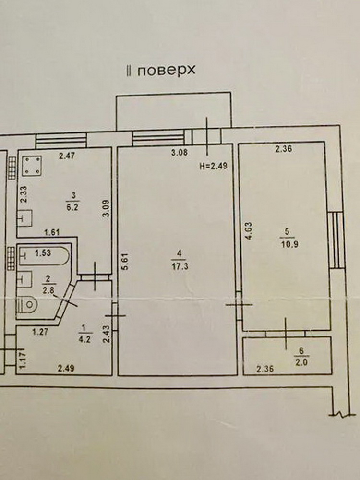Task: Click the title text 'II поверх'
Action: (161, 71)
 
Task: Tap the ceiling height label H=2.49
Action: (214, 166)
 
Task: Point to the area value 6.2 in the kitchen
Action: (72, 207)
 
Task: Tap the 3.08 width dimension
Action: (180, 153)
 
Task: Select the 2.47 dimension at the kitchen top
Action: (67, 156)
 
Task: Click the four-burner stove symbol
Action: (32, 166)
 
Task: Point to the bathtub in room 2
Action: (44, 256)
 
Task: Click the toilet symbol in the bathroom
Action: (27, 305)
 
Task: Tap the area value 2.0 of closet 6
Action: (301, 363)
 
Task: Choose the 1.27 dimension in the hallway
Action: (40, 332)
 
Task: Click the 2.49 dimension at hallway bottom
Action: (66, 368)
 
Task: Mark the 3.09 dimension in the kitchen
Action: (106, 208)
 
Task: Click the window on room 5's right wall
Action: (337, 240)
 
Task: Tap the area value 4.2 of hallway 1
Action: (84, 339)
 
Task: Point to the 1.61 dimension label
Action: (52, 233)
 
